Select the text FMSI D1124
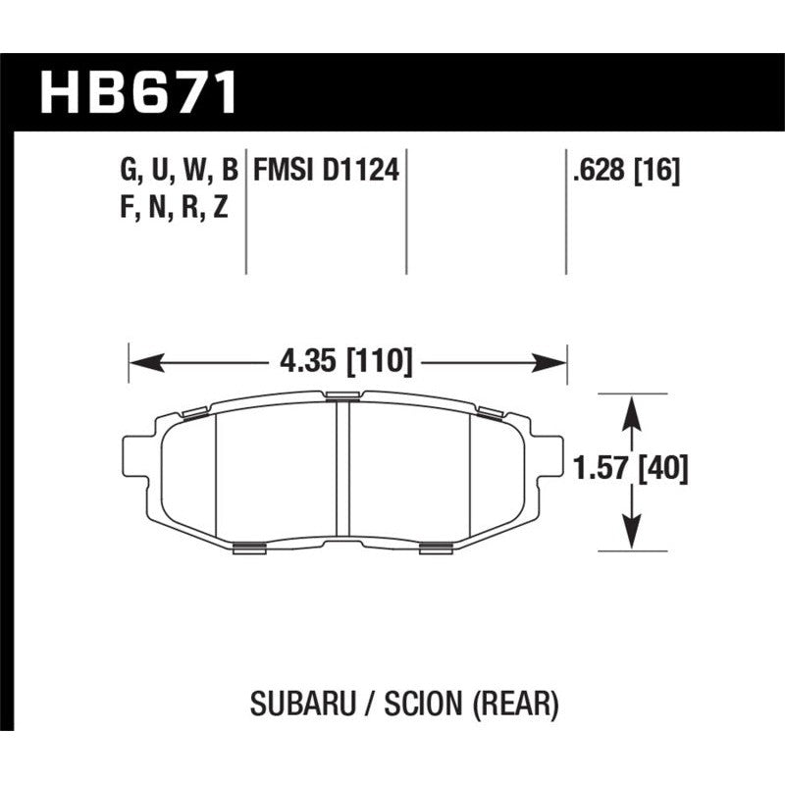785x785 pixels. (x=326, y=172)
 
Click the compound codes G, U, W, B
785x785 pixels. (x=179, y=172)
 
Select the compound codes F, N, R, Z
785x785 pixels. (x=172, y=208)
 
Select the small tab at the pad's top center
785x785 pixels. (x=342, y=396)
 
